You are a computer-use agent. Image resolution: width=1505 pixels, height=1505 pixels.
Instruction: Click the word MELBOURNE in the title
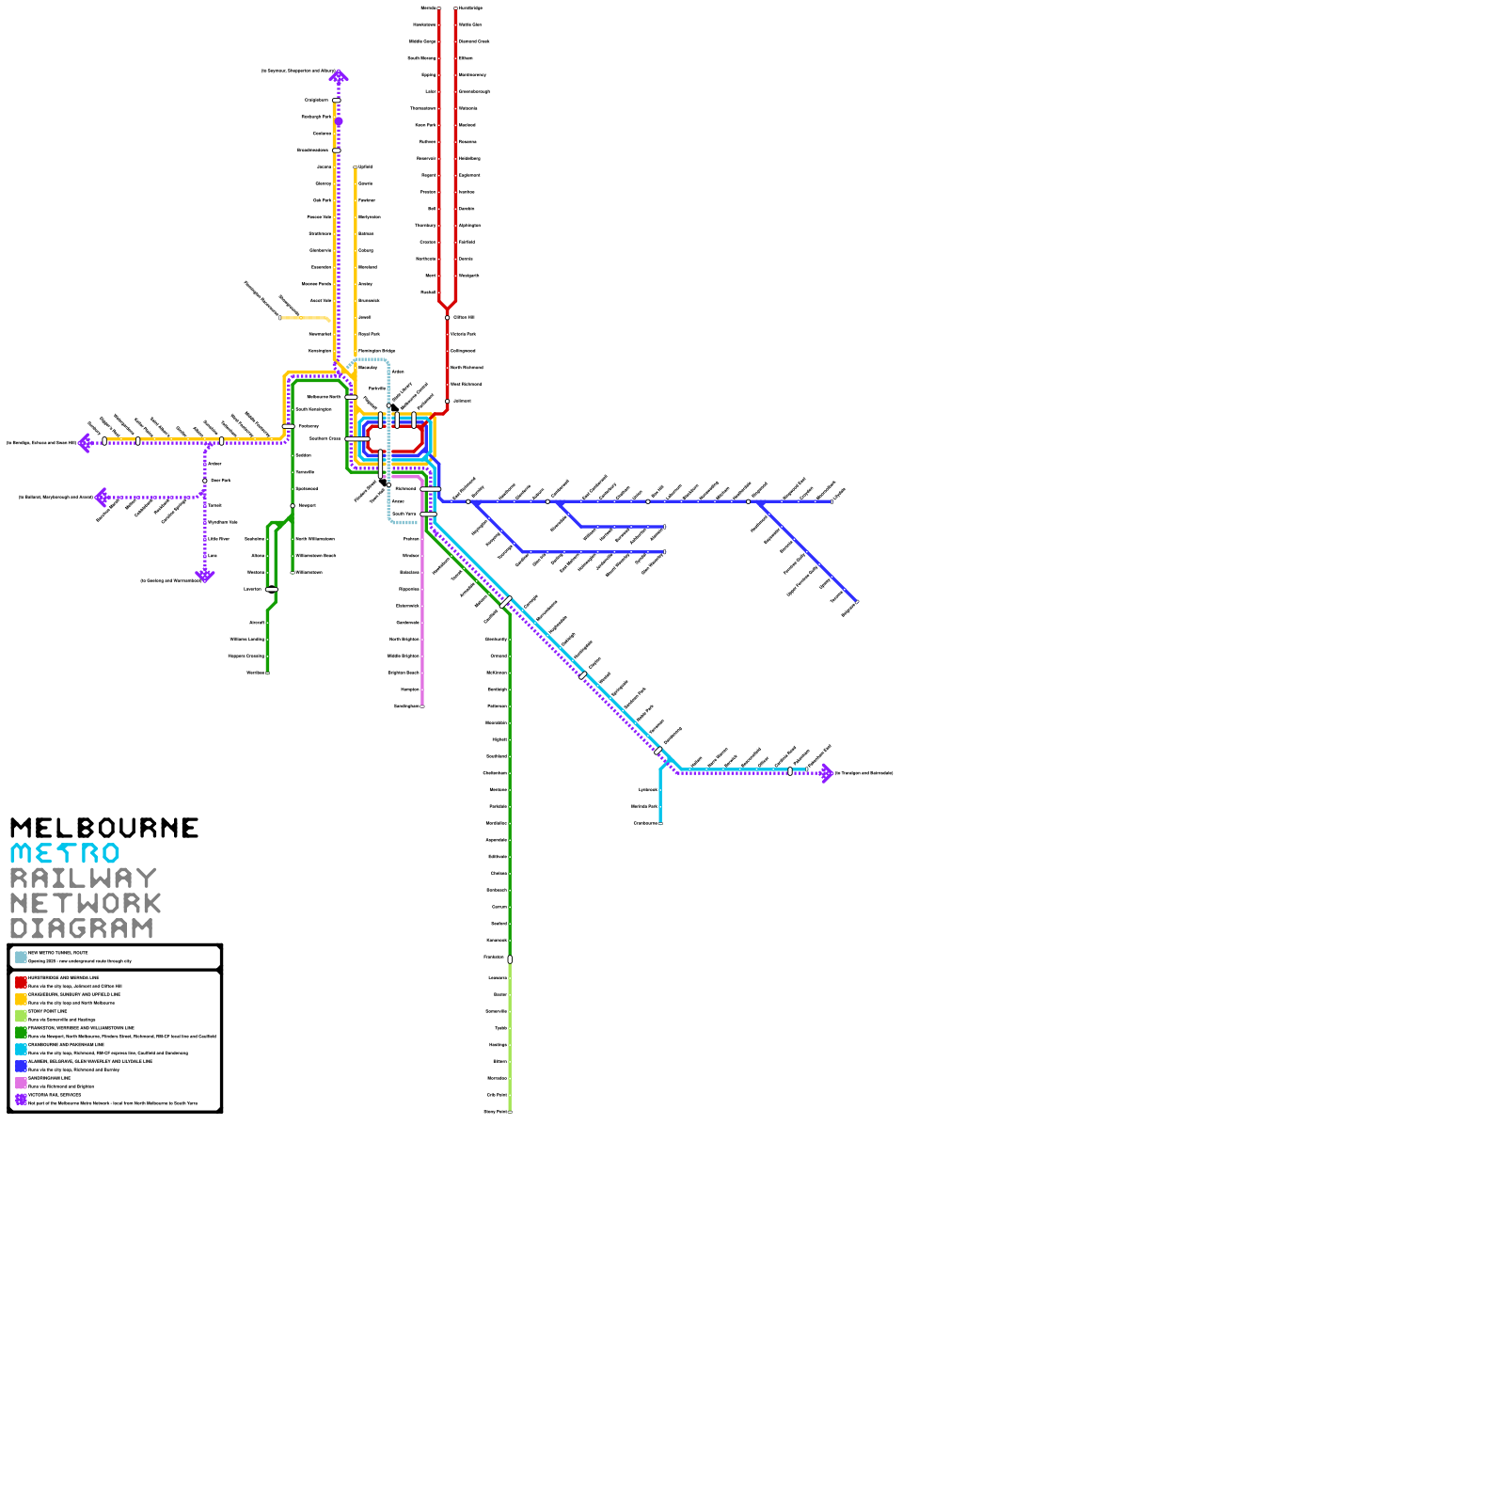tap(104, 828)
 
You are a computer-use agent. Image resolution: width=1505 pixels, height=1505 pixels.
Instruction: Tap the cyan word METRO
tap(65, 853)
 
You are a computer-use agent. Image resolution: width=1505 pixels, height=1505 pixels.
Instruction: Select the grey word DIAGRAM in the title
tap(82, 928)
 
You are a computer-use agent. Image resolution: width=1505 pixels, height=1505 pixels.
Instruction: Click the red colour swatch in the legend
tap(21, 982)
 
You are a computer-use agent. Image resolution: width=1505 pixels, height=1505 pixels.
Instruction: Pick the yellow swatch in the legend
tap(21, 999)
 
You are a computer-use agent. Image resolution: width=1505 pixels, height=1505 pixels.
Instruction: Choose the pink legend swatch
tap(21, 1083)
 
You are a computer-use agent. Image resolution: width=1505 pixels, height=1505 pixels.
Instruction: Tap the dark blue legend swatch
tap(21, 1066)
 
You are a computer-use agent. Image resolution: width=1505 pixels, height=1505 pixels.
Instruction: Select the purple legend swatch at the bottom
tap(21, 1100)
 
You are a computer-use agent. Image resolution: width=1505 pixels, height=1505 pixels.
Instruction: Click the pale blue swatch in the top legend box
tap(21, 957)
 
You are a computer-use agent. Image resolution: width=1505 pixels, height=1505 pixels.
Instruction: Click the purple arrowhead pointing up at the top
tap(339, 76)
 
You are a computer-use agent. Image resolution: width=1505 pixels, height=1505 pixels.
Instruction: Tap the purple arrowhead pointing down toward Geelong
tap(205, 576)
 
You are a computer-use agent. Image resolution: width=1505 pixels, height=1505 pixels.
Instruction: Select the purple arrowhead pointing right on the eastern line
tap(827, 773)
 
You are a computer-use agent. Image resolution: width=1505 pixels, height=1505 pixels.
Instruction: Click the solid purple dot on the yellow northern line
tap(339, 121)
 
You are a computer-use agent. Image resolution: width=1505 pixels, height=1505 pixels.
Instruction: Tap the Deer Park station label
tap(221, 481)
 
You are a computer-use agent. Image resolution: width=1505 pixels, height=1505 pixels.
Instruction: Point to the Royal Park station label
tap(369, 334)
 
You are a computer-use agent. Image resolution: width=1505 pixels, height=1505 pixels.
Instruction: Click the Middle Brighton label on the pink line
tap(404, 657)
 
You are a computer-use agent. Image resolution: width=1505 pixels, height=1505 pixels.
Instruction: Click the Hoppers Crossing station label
tap(246, 657)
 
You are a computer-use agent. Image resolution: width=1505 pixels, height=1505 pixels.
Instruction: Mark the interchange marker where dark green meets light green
tap(510, 959)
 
